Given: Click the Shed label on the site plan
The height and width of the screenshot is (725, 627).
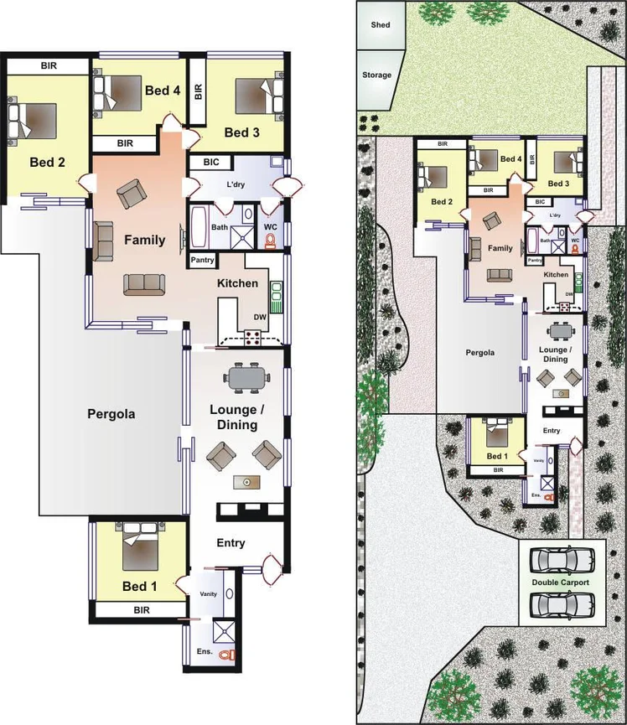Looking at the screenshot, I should [381, 25].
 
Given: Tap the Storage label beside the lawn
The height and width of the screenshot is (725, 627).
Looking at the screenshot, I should [376, 75].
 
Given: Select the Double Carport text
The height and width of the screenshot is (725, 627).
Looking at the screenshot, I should [560, 582].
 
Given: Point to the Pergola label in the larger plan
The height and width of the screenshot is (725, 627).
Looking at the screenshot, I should [111, 413].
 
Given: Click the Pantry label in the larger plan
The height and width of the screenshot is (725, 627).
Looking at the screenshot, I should [203, 261].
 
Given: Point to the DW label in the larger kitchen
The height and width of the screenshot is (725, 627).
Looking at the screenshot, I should [260, 317].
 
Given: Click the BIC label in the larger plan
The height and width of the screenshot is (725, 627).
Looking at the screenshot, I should [211, 163].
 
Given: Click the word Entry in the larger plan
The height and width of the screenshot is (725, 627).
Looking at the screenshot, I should [231, 543].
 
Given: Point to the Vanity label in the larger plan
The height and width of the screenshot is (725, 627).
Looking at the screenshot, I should [208, 593].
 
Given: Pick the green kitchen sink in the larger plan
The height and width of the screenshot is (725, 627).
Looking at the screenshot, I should [276, 295].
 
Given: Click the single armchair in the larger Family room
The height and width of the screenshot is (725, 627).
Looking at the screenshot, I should [130, 194].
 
